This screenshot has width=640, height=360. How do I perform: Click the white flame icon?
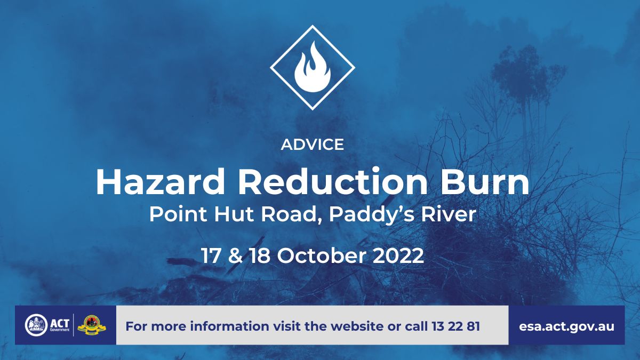click(x=313, y=67)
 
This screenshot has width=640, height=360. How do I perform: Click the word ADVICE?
click(x=313, y=145)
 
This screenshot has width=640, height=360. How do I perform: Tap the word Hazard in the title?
click(x=161, y=182)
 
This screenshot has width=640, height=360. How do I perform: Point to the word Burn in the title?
click(x=485, y=182)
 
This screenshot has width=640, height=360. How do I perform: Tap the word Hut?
click(x=234, y=214)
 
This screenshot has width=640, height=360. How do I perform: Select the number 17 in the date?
click(x=211, y=255)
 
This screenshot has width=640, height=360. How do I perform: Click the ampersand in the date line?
click(x=235, y=255)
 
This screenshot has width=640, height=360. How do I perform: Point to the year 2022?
click(x=398, y=255)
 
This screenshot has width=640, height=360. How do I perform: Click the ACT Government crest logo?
click(x=36, y=325)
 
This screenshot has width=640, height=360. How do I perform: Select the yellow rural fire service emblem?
click(x=92, y=325)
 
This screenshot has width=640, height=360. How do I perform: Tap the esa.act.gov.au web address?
click(x=566, y=326)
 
